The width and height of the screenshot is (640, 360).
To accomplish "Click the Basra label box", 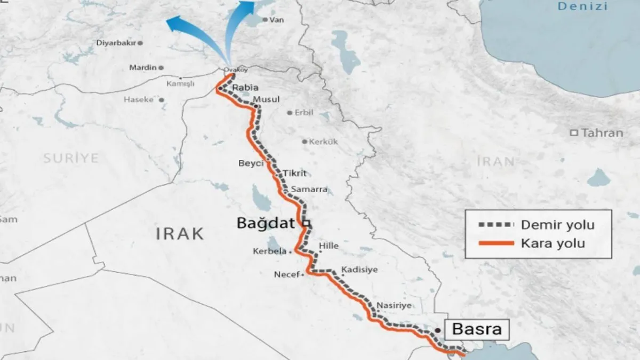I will pyautogui.click(x=476, y=329).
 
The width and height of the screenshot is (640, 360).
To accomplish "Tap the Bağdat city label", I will pyautogui.click(x=265, y=224).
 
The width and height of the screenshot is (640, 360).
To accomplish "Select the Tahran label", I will pyautogui.click(x=602, y=133).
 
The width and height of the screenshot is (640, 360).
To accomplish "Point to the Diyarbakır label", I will pyautogui.click(x=116, y=43).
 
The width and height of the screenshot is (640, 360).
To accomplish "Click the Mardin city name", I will pyautogui.click(x=143, y=68).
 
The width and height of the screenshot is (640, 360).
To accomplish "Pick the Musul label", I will pyautogui.click(x=266, y=100).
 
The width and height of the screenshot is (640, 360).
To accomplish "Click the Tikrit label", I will pyautogui.click(x=295, y=173).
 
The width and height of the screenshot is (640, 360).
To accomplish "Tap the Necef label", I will pyautogui.click(x=286, y=275).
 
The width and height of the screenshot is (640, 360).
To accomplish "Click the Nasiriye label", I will pyautogui.click(x=394, y=306).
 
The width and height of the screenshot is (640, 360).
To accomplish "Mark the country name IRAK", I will pyautogui.click(x=180, y=233).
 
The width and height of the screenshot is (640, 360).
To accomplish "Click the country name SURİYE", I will pyautogui.click(x=71, y=158).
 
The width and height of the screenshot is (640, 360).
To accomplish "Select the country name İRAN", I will pyautogui.click(x=495, y=161).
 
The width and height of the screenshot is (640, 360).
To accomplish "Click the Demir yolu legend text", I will pyautogui.click(x=557, y=225).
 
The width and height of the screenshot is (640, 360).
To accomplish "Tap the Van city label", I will pyautogui.click(x=277, y=20).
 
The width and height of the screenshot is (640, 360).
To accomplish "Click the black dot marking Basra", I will pyautogui.click(x=437, y=331).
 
